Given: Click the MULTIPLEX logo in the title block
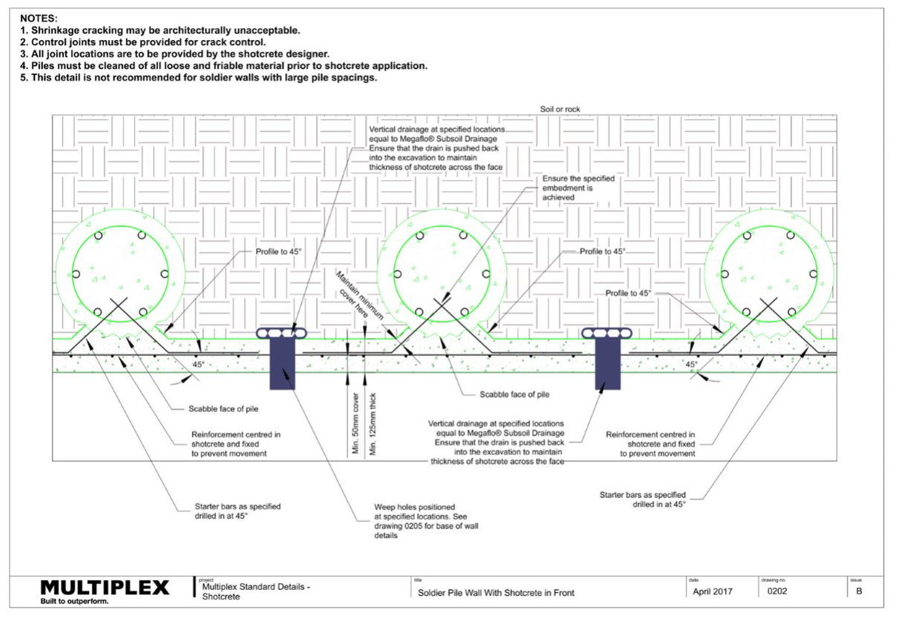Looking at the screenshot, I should [x=104, y=588].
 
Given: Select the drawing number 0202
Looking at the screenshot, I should [x=776, y=591].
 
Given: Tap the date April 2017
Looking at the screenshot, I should [x=712, y=591].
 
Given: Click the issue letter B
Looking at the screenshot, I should [x=859, y=591].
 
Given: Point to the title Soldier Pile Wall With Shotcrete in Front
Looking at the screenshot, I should [x=496, y=592].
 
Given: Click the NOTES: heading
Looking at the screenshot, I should [x=39, y=17].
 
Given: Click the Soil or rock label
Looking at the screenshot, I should [x=560, y=109].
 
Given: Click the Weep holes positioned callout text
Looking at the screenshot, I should [x=419, y=521].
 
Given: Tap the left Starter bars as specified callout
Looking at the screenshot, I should [x=232, y=511].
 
